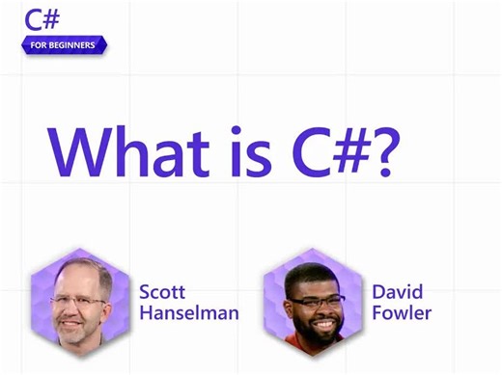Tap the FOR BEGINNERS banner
(63, 44)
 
